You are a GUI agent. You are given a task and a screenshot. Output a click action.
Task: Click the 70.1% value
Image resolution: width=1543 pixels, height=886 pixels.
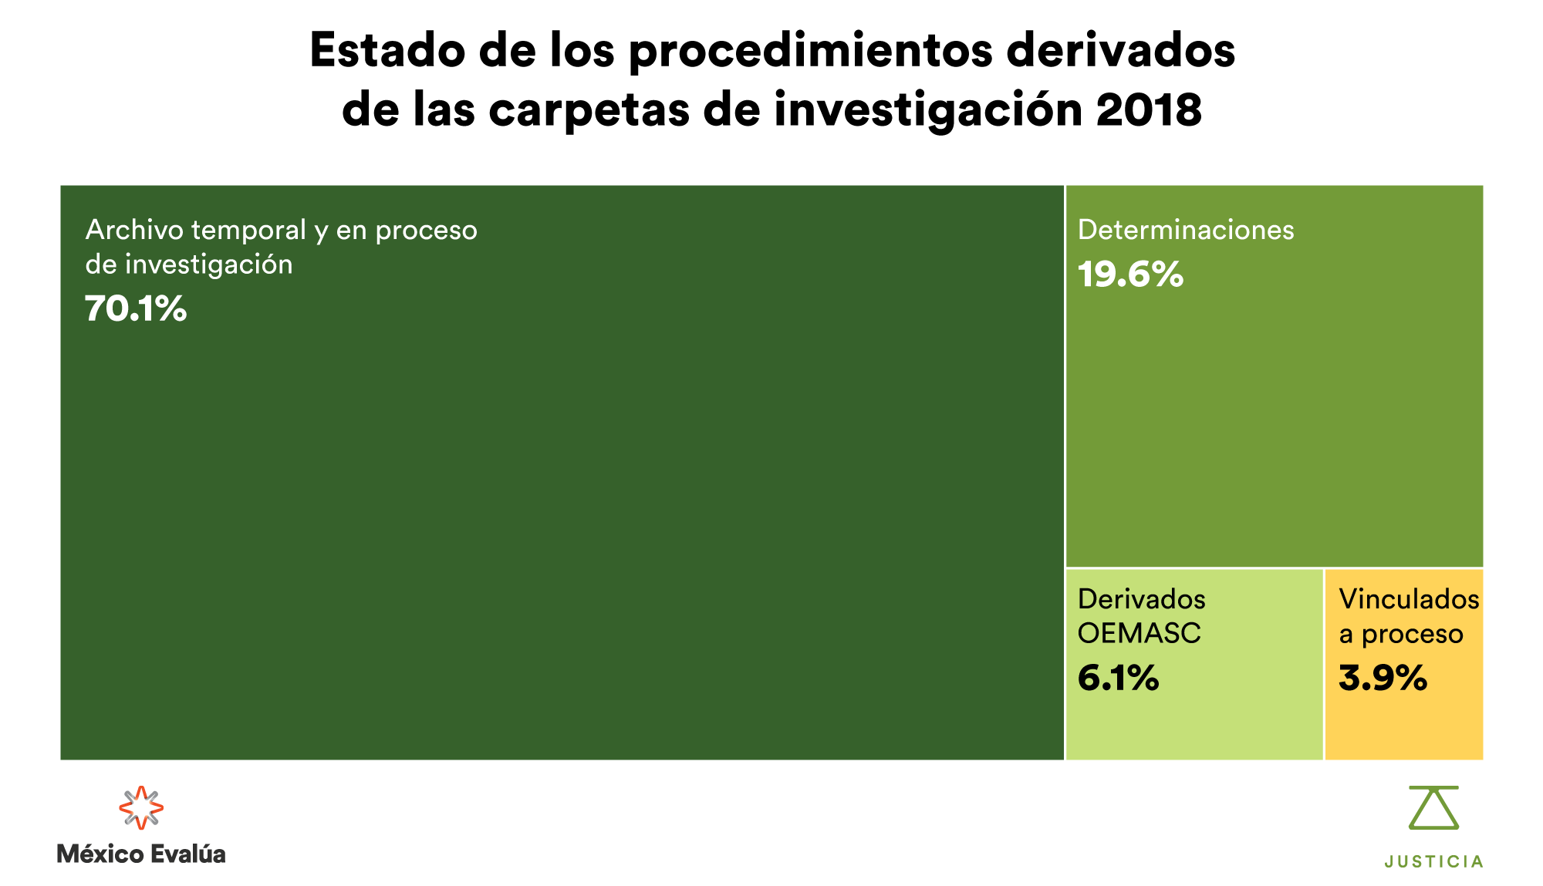(136, 308)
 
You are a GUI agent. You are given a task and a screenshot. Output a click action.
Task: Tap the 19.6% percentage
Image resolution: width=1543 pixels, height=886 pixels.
(1130, 275)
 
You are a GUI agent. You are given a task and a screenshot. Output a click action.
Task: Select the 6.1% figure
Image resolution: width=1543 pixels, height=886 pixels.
(1118, 679)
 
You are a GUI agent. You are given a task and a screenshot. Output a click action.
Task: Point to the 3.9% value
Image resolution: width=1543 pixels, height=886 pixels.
(1383, 679)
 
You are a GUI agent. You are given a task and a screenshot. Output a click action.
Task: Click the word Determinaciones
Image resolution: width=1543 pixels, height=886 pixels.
(1186, 230)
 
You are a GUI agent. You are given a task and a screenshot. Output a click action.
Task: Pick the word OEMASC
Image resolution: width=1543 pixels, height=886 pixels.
(1139, 633)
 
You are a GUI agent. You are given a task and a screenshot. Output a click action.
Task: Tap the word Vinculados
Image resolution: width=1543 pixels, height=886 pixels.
(1409, 599)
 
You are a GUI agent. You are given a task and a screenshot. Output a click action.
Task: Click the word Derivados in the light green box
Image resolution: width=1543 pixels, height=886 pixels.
(1141, 599)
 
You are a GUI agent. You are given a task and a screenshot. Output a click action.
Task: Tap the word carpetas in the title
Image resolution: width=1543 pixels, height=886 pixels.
(589, 109)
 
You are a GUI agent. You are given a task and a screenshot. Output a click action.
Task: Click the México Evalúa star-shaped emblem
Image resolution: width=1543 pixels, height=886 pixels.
(141, 807)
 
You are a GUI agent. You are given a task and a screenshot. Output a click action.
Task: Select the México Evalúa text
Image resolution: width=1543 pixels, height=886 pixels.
(141, 854)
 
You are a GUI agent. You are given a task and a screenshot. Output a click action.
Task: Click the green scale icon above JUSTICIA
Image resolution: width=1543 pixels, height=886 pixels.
(1433, 807)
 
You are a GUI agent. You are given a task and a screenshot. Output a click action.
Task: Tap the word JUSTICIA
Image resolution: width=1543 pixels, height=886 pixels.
(1433, 861)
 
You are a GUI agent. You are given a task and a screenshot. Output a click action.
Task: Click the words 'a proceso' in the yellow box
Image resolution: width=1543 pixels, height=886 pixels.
(1400, 634)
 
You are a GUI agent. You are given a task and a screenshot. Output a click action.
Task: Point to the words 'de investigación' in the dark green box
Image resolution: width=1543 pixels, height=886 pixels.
(189, 264)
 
